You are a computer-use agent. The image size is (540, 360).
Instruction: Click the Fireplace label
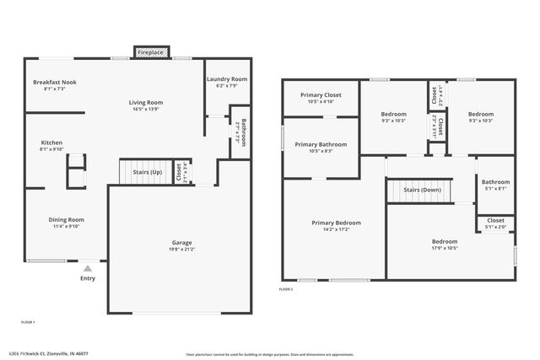click(x=151, y=52)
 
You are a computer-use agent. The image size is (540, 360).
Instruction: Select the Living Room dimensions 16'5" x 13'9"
click(x=145, y=109)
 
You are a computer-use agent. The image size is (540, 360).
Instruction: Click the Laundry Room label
click(x=226, y=78)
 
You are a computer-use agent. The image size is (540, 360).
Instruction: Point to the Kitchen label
click(x=51, y=142)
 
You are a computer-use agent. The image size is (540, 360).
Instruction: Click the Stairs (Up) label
click(x=147, y=171)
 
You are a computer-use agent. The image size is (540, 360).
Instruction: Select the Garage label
click(x=182, y=242)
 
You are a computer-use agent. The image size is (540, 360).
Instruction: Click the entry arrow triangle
click(x=87, y=268)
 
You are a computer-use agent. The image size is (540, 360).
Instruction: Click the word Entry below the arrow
click(x=88, y=278)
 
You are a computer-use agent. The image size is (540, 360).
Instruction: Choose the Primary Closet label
click(x=321, y=95)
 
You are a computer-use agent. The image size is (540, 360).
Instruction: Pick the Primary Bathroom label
click(x=321, y=144)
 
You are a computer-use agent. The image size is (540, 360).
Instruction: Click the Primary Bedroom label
click(x=336, y=223)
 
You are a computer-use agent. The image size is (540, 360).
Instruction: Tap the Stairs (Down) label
click(x=423, y=191)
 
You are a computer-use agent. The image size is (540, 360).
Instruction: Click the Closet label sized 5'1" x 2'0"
click(x=495, y=220)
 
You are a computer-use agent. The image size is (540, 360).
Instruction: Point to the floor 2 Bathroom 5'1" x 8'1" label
click(x=495, y=182)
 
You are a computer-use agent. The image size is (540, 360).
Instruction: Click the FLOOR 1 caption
click(x=28, y=322)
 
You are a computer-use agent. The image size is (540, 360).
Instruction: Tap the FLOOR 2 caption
click(x=286, y=289)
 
